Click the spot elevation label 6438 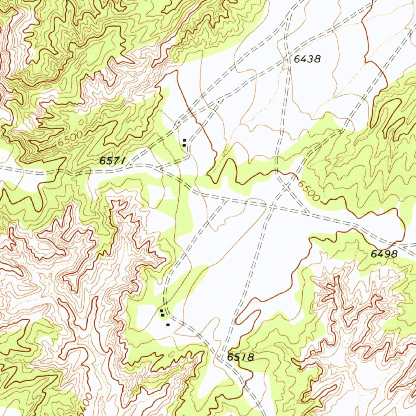(x=307, y=59)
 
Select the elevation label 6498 (x=384, y=254)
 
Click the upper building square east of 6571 (x=184, y=141)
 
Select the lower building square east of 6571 (x=184, y=145)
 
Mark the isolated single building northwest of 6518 (x=168, y=325)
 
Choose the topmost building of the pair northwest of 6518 (x=162, y=311)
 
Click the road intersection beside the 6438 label (x=288, y=61)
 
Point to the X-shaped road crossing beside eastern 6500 (x=286, y=186)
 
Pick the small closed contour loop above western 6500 (x=82, y=121)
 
